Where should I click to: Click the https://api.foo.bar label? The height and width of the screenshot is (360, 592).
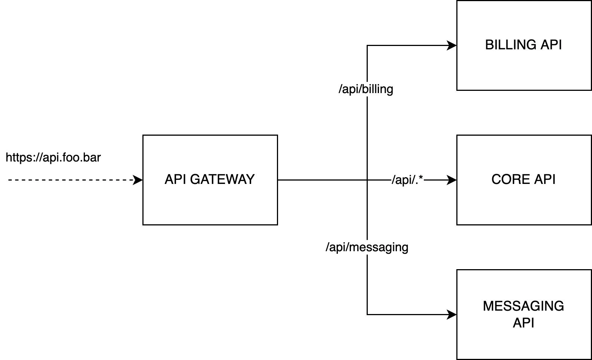point(53,157)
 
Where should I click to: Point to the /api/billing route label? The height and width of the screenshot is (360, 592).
point(366,89)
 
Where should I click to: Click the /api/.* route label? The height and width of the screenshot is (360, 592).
point(407,180)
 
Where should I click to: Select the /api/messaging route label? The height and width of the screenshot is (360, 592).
point(367,247)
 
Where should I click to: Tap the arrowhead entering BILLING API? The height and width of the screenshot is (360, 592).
point(453,46)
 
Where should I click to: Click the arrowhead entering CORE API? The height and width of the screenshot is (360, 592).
point(453,180)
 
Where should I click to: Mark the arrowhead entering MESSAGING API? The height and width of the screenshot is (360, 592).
point(453,314)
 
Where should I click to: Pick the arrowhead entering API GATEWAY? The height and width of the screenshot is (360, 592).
point(139,180)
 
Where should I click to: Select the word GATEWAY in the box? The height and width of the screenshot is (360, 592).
point(222,179)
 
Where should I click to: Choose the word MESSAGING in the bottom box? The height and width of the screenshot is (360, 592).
point(523,306)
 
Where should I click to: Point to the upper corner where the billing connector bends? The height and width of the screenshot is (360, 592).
point(367,46)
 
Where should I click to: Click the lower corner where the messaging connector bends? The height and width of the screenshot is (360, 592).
point(367,314)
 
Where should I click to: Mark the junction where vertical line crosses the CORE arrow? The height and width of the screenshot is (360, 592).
point(367,180)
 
